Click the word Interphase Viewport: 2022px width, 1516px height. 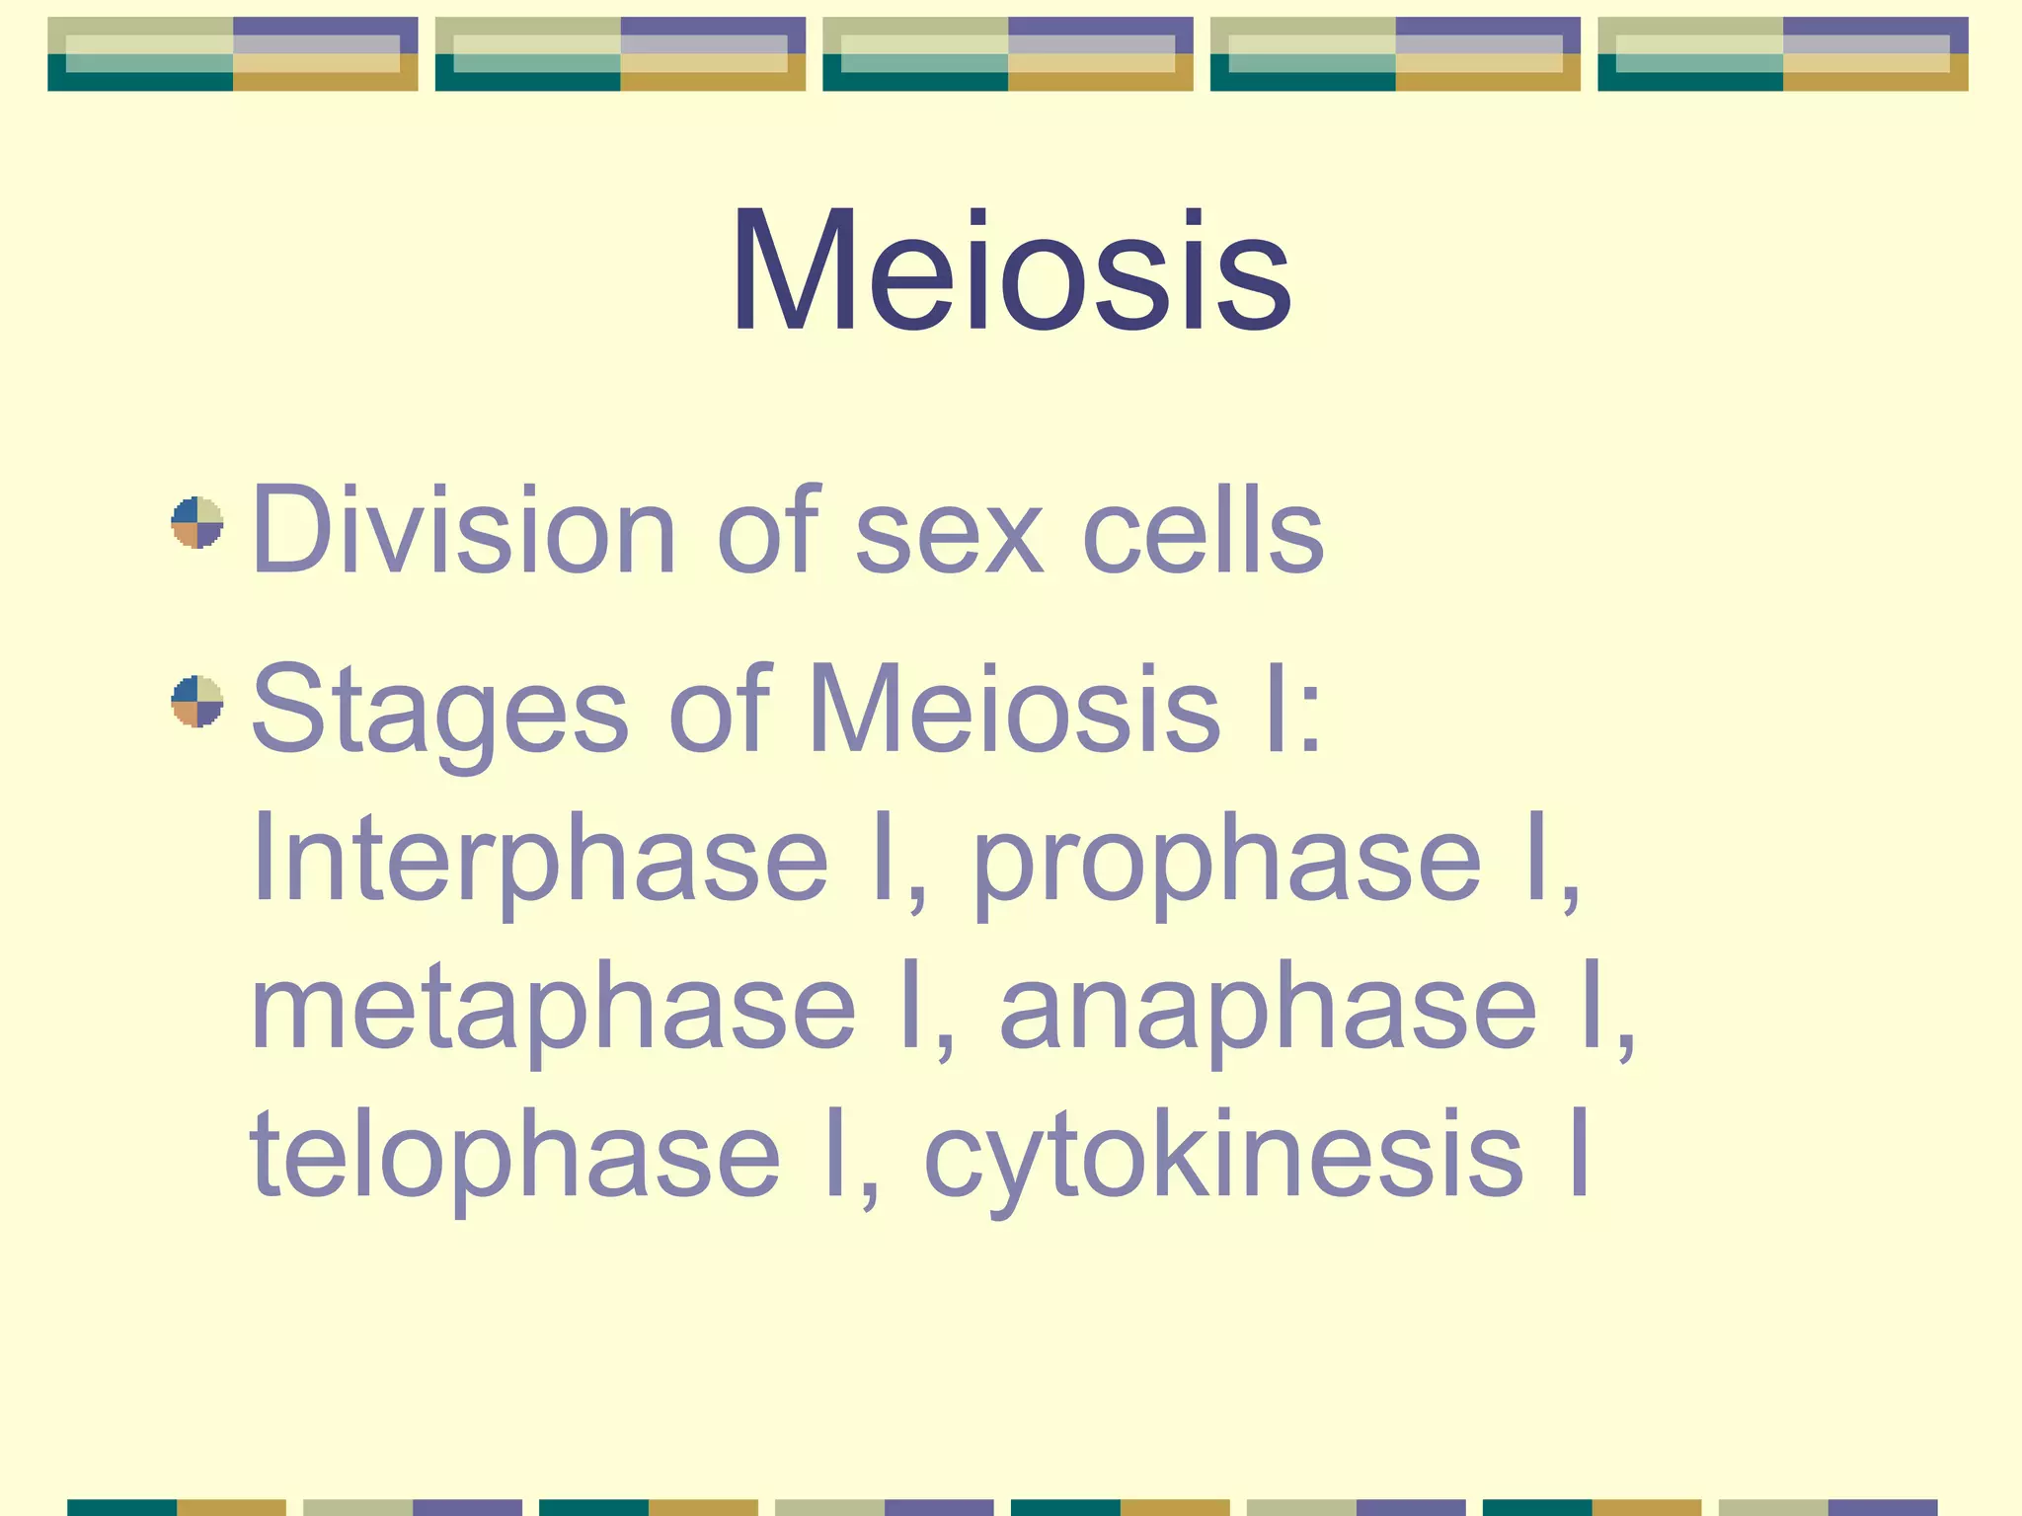(x=539, y=859)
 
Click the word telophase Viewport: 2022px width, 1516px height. (x=515, y=1155)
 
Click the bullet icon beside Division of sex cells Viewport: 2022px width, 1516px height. (x=197, y=522)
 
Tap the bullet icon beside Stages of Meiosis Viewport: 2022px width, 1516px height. (x=197, y=701)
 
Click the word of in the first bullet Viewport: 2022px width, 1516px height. (x=768, y=530)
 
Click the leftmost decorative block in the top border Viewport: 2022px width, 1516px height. (x=233, y=54)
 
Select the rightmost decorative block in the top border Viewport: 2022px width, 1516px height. (x=1782, y=54)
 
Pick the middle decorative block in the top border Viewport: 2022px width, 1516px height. (x=1008, y=54)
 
